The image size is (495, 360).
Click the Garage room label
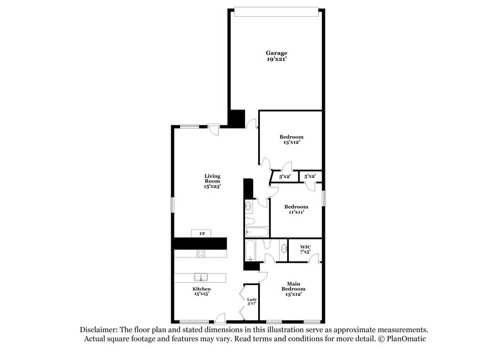[277, 53]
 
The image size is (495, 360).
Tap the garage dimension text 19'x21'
[277, 61]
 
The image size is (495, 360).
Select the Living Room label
[213, 179]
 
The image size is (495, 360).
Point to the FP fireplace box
[201, 233]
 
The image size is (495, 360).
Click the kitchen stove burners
[201, 253]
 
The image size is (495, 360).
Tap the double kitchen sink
[201, 277]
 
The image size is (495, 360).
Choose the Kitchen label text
[201, 289]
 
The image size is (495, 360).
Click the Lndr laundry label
[252, 300]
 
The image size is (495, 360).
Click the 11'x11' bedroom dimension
[296, 212]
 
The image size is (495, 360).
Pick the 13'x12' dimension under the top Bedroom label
[291, 142]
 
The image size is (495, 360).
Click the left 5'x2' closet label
[285, 177]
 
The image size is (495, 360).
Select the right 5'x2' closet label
[310, 177]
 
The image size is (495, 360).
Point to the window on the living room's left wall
[173, 205]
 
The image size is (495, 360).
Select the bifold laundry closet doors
[244, 303]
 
